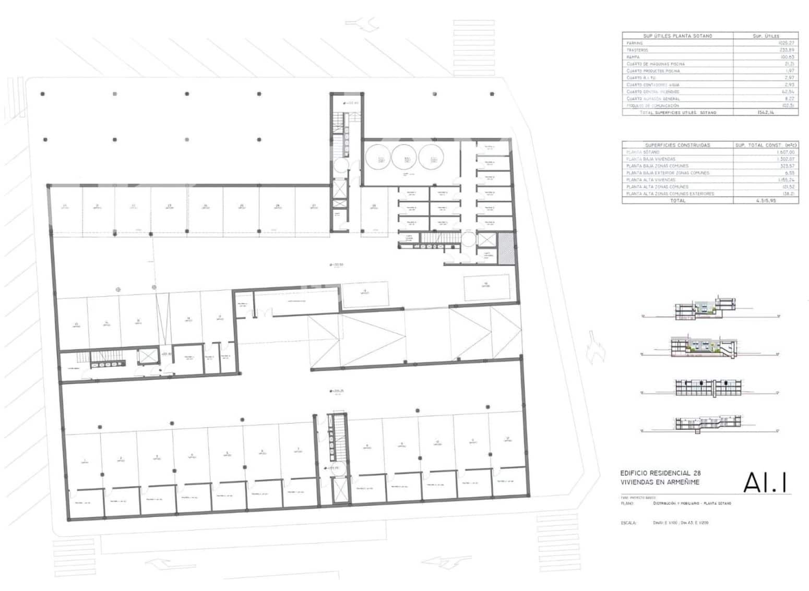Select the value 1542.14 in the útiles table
click(x=766, y=112)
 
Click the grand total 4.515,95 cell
click(x=766, y=200)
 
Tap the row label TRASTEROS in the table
click(x=638, y=50)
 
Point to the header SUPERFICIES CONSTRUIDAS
click(x=677, y=145)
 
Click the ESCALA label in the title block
click(x=628, y=522)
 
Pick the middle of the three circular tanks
click(x=404, y=156)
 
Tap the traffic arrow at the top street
click(x=361, y=23)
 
